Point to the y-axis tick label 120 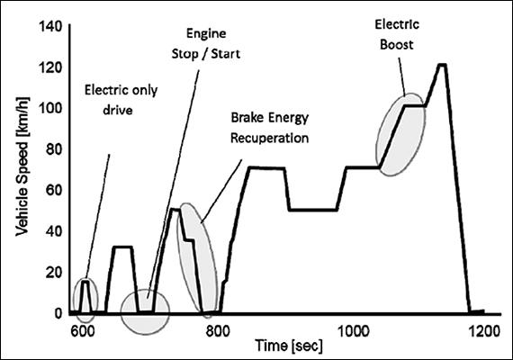tap(47, 67)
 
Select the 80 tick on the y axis tap(50, 149)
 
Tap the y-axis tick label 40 tap(50, 231)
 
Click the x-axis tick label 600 tap(82, 331)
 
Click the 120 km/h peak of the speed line tap(441, 65)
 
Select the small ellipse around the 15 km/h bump tap(85, 301)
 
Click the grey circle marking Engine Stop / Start tap(144, 311)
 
